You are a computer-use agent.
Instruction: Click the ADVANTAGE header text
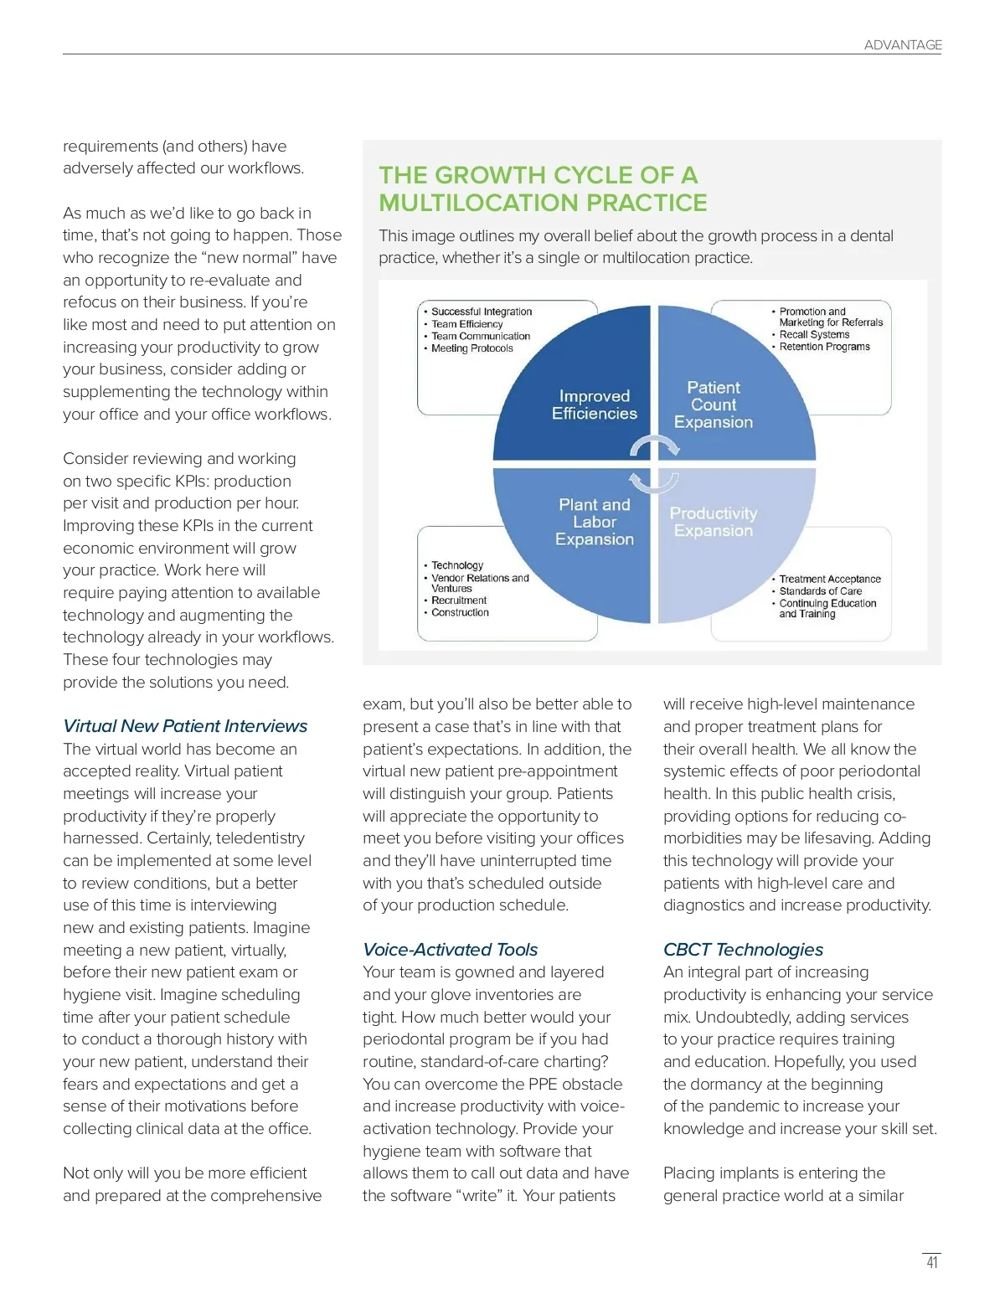903,45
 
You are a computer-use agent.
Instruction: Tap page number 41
931,1262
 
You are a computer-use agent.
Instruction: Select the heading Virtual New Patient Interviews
185,726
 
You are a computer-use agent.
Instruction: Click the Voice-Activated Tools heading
450,950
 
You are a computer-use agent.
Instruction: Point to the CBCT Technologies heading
743,950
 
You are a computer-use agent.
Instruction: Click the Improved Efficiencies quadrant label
594,405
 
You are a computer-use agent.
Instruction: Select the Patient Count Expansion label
714,405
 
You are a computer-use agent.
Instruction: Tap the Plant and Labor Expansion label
594,522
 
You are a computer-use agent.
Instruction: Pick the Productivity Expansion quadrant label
714,522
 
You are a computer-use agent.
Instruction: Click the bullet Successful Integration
482,312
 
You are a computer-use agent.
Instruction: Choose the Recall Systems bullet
814,334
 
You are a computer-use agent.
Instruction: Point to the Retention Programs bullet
824,347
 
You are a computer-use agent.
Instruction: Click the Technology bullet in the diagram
457,565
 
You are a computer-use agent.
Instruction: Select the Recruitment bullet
459,601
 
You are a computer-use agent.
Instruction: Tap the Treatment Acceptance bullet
830,579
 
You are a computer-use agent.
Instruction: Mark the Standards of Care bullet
820,591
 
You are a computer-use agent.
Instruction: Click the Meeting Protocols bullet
472,348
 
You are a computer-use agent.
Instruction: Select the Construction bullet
460,612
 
